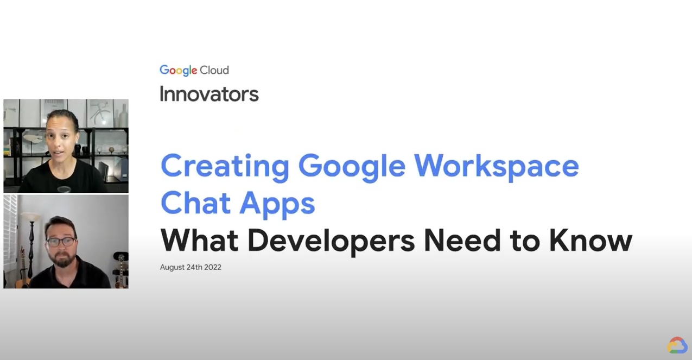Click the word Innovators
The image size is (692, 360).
tap(209, 94)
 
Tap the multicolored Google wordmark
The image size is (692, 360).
tap(178, 71)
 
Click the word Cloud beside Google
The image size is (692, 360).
tap(214, 70)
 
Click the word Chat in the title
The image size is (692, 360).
tap(195, 203)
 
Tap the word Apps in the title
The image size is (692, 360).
tap(277, 205)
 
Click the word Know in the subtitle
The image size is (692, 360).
tap(591, 241)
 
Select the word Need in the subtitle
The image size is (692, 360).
tap(462, 241)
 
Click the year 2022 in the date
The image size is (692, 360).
tap(213, 267)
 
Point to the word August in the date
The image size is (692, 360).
tap(172, 267)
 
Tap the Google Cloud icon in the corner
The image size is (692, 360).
tap(677, 345)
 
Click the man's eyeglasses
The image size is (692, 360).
tap(61, 242)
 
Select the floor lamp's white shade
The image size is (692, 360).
tap(31, 217)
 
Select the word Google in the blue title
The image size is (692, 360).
tap(352, 168)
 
